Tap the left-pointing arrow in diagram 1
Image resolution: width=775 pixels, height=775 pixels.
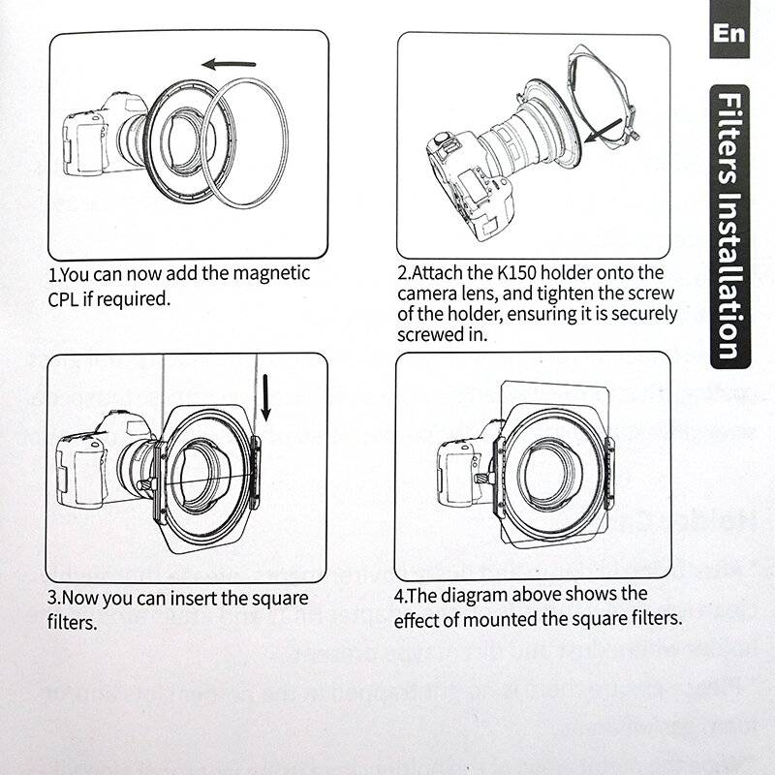pyautogui.click(x=236, y=64)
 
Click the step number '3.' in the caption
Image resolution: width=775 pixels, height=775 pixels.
pyautogui.click(x=56, y=596)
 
